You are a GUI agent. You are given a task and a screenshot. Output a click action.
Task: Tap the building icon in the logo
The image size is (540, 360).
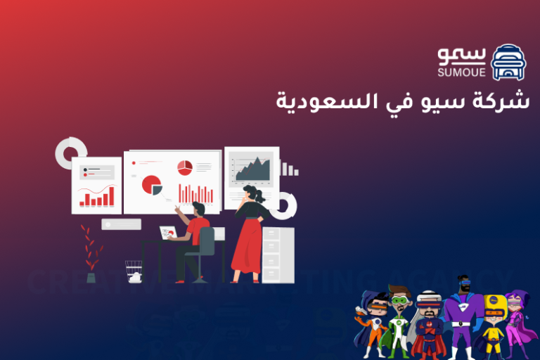(x=508, y=63)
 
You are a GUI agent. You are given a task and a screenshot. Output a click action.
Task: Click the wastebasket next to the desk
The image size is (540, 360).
(x=133, y=271)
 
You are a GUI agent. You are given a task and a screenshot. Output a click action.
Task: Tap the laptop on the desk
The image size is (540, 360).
(x=168, y=232)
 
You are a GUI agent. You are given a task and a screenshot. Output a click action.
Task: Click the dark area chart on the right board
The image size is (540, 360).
(x=252, y=169)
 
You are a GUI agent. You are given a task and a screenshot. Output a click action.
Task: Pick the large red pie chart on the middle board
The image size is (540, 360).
(x=151, y=185)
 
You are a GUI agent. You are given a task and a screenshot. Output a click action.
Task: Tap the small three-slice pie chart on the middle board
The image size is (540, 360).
(x=185, y=167)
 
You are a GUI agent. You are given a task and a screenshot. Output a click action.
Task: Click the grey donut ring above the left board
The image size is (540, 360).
(x=70, y=150)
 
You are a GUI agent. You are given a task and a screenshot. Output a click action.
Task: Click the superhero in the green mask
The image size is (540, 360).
(x=399, y=320)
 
